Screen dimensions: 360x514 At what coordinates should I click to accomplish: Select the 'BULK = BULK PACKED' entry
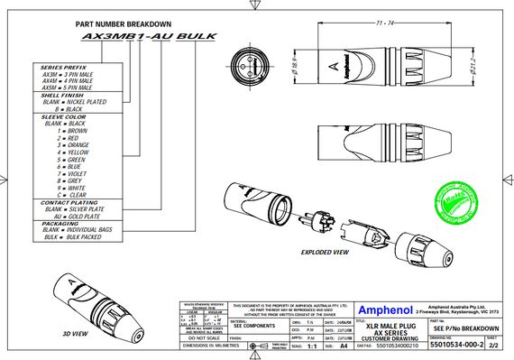point(76,237)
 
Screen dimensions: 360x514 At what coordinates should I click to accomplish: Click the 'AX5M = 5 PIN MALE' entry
point(74,87)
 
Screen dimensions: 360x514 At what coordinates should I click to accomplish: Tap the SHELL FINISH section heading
point(64,95)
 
